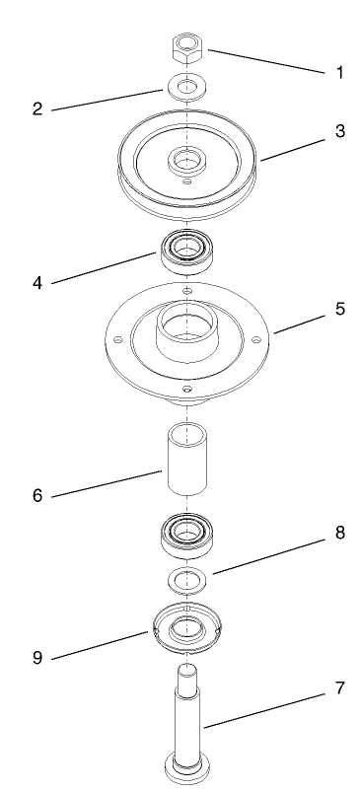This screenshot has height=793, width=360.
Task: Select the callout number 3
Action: click(x=339, y=131)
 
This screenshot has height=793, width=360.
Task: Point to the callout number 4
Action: click(x=37, y=282)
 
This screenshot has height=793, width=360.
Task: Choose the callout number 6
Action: click(x=37, y=493)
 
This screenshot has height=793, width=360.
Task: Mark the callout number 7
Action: click(x=339, y=715)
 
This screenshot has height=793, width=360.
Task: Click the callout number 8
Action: click(x=339, y=533)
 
